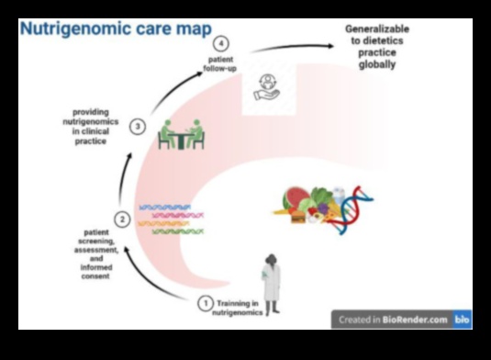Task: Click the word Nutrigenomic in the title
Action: coord(65,29)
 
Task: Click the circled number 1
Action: coord(206,302)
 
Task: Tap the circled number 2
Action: coord(122,219)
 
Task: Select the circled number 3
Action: coord(137,127)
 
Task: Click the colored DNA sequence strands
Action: coord(165,219)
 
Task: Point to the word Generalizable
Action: coord(377,29)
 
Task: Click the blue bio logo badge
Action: coord(462,320)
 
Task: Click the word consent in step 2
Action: coord(95,275)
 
